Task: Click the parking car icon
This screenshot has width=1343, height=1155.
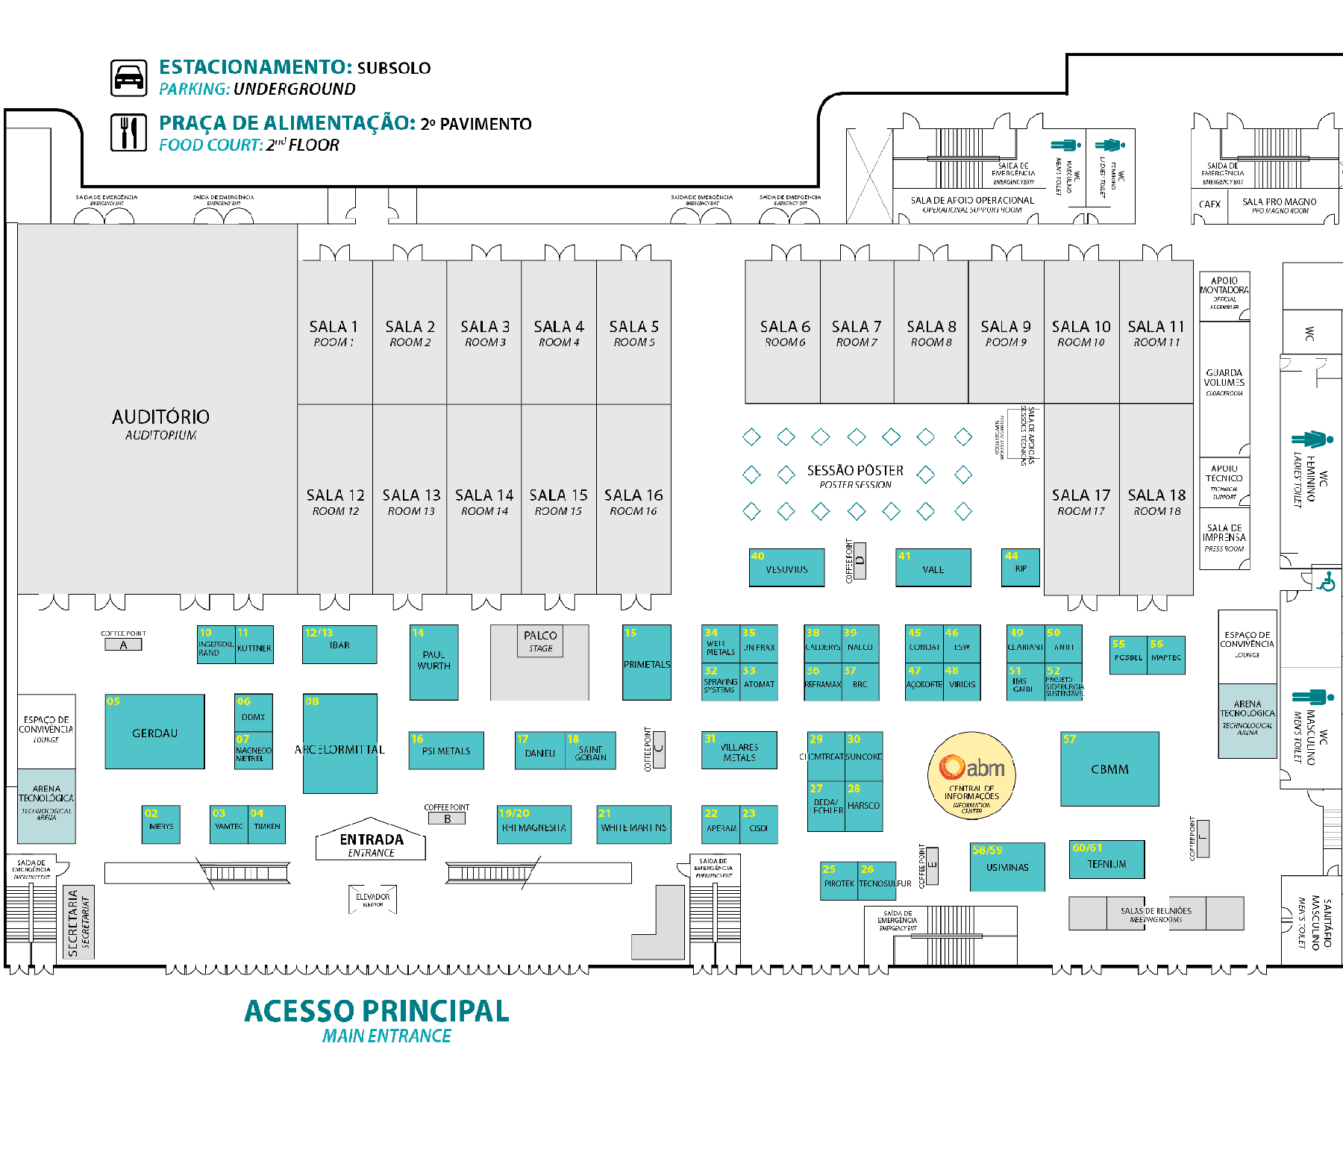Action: [129, 78]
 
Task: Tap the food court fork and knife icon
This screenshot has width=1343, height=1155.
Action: [129, 133]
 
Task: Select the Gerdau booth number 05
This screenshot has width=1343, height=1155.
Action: [154, 732]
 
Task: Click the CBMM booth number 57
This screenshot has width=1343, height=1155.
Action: [1109, 769]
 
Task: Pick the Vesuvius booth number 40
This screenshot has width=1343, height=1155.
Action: [786, 568]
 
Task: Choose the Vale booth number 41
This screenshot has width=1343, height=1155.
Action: [933, 568]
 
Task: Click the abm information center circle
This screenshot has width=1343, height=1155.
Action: [971, 775]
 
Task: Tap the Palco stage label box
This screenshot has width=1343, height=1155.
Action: [540, 641]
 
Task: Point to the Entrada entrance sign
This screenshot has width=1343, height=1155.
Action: [371, 844]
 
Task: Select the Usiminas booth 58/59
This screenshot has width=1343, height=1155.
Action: [1007, 867]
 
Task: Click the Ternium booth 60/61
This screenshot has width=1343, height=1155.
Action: [1106, 860]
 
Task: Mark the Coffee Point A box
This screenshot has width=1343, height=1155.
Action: [123, 645]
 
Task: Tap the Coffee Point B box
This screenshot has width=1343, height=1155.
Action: [447, 818]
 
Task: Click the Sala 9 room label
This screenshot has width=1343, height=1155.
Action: [1006, 332]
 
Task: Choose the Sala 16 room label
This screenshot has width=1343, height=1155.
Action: [633, 501]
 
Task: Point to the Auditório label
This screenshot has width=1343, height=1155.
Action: [160, 423]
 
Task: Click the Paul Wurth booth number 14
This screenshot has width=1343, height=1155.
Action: [433, 662]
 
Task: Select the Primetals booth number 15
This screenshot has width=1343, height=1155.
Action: [647, 663]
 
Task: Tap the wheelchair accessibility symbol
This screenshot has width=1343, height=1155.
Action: [1326, 582]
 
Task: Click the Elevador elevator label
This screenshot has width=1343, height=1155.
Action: [372, 898]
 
